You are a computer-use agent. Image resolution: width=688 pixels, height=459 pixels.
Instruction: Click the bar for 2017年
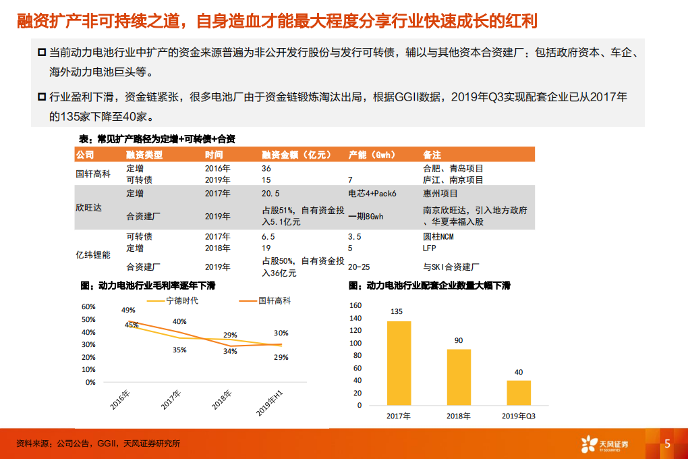[399, 362]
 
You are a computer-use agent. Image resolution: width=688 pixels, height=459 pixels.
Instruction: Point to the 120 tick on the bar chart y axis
[355, 330]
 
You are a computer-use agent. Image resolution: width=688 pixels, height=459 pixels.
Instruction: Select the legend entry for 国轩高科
[275, 301]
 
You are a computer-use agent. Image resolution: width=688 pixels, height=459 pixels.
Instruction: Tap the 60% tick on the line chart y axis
[88, 306]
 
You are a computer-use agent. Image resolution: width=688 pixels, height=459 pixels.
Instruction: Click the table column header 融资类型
[144, 155]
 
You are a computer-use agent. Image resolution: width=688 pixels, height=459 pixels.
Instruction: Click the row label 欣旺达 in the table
[88, 208]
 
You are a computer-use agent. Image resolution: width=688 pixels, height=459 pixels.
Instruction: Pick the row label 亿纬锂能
[92, 255]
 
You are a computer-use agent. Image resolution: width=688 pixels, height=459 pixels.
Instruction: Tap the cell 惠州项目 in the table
[439, 193]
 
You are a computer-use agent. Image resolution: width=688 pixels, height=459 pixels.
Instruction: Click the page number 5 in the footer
[667, 443]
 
